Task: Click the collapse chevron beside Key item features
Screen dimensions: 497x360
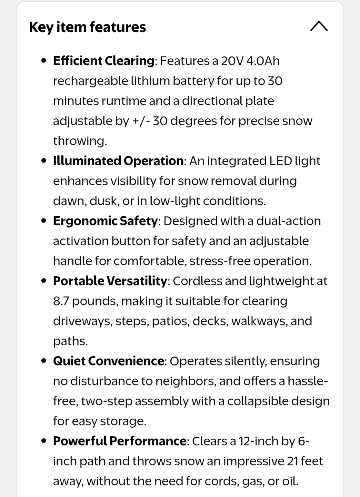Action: coord(319,27)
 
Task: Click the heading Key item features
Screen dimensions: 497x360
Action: coord(88,27)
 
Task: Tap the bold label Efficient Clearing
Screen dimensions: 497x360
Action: coord(103,61)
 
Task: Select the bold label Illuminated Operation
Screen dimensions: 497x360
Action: coord(118,161)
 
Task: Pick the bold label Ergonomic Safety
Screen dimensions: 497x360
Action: coord(105,221)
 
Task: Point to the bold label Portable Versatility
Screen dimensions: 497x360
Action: coord(110,281)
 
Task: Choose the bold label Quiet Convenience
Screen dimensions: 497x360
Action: coord(108,361)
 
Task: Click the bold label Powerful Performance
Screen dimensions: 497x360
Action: coord(120,441)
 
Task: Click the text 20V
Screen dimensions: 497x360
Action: coord(232,61)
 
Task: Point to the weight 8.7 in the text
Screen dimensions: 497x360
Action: coord(61,301)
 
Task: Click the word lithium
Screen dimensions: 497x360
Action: coord(150,81)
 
